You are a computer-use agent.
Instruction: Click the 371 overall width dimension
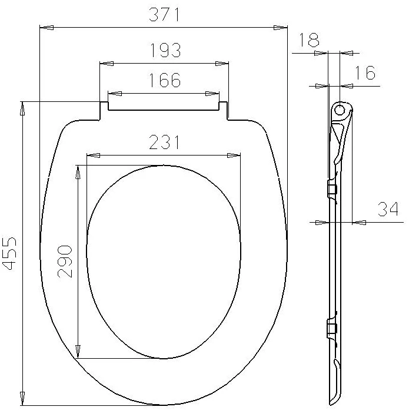(164, 15)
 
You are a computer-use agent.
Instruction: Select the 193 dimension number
(165, 50)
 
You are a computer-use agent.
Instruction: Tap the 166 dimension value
(165, 80)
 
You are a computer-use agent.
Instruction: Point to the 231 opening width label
(164, 142)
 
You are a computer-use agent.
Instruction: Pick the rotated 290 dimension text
(65, 261)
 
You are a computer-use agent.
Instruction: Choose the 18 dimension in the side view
(308, 39)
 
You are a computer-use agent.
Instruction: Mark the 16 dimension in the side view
(365, 72)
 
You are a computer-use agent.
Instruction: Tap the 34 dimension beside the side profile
(388, 209)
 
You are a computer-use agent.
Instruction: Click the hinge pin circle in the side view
(340, 109)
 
